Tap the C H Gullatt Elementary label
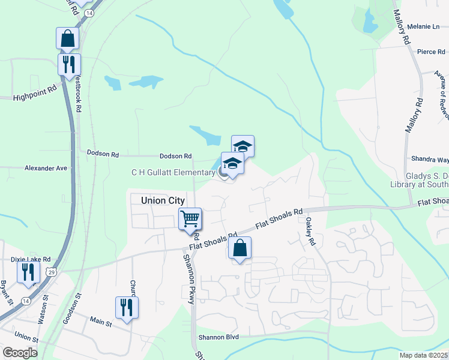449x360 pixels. point(173,173)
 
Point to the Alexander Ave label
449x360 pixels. point(45,169)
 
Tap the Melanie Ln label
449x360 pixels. point(423,26)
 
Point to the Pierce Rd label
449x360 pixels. point(430,52)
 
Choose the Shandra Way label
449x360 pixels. point(430,160)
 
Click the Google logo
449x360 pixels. point(20,353)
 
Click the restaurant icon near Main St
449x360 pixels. point(127,307)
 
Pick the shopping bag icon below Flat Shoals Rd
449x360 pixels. point(240,248)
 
